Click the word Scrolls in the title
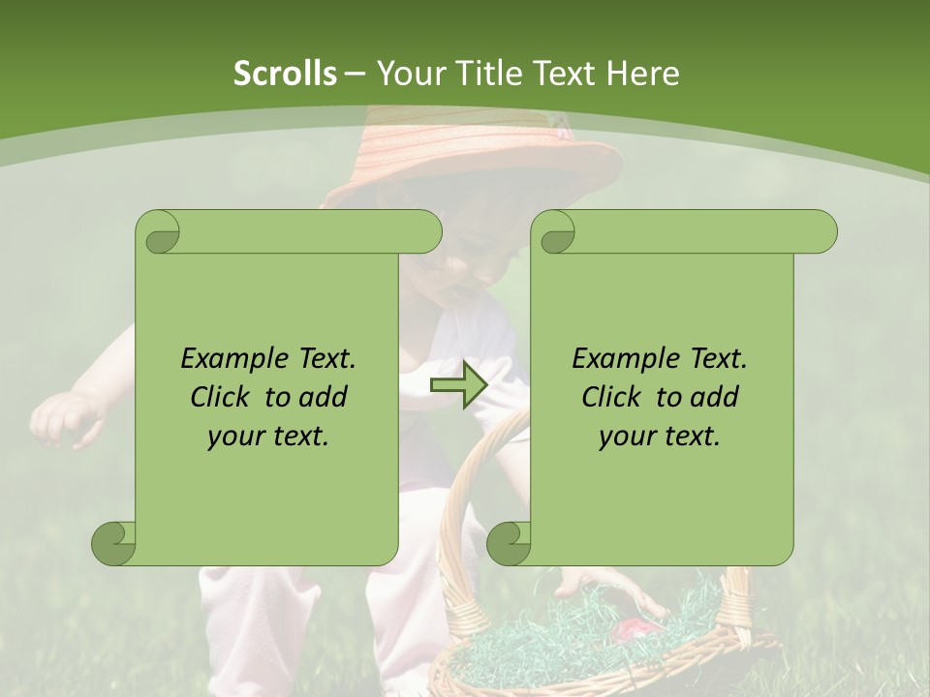click(x=285, y=74)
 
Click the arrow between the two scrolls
click(x=458, y=386)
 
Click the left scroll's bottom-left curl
click(x=114, y=543)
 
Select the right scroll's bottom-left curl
click(x=509, y=543)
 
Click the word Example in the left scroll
click(x=230, y=359)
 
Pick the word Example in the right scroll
click(x=621, y=359)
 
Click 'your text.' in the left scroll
click(x=268, y=437)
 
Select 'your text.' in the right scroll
click(x=660, y=437)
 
